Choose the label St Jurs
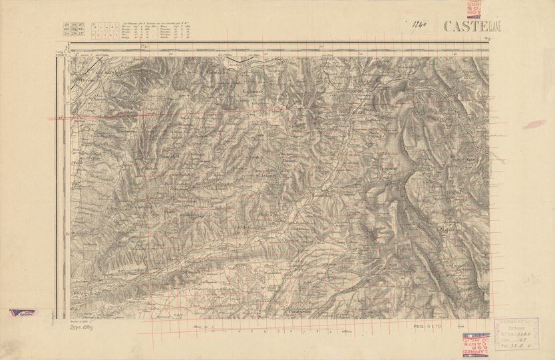click(x=361, y=250)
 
